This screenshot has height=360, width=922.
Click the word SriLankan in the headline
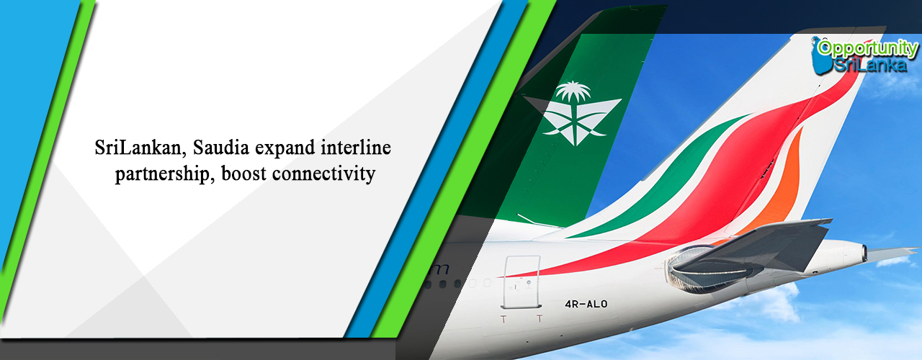pyautogui.click(x=139, y=148)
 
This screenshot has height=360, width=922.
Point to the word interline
pyautogui.click(x=356, y=148)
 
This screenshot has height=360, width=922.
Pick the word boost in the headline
pyautogui.click(x=244, y=174)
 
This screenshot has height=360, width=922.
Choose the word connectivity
pyautogui.click(x=324, y=174)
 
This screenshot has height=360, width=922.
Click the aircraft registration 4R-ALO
pyautogui.click(x=586, y=304)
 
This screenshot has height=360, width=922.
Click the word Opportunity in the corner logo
pyautogui.click(x=867, y=48)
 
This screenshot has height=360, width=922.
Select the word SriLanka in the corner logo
pyautogui.click(x=870, y=65)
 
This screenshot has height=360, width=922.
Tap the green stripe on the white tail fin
pyautogui.click(x=675, y=177)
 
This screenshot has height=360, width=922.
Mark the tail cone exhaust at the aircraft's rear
pyautogui.click(x=864, y=253)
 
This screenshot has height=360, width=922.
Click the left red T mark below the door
pyautogui.click(x=503, y=319)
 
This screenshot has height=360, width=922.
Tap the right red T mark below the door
pyautogui.click(x=540, y=318)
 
